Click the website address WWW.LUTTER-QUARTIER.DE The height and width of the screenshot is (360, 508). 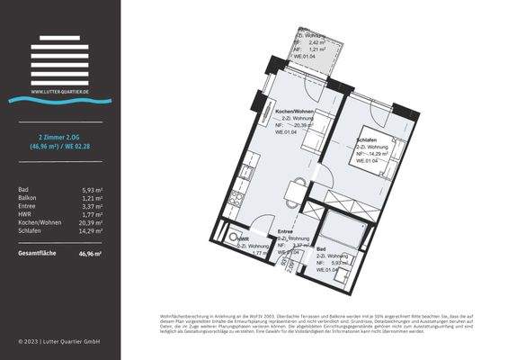pyautogui.click(x=59, y=91)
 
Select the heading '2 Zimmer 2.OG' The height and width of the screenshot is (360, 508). pyautogui.click(x=59, y=135)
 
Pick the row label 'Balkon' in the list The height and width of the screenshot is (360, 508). pyautogui.click(x=28, y=198)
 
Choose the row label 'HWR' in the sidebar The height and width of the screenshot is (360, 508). pyautogui.click(x=25, y=214)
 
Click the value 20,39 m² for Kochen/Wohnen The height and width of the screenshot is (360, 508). pyautogui.click(x=91, y=222)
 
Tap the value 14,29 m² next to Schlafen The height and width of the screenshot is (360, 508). pyautogui.click(x=91, y=230)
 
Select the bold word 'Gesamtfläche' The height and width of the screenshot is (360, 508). pyautogui.click(x=38, y=255)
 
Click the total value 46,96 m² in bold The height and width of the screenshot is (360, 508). pyautogui.click(x=90, y=255)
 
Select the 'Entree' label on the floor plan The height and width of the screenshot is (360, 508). pyautogui.click(x=285, y=231)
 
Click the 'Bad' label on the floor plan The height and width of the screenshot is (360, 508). pyautogui.click(x=320, y=248)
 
